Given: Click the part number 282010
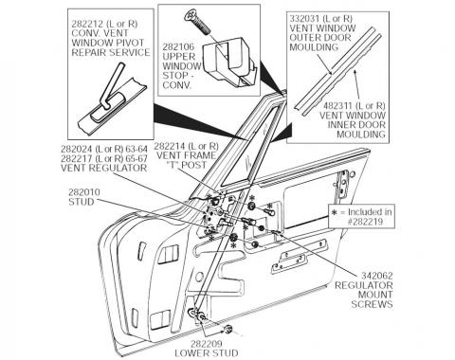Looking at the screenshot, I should coord(82,191).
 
